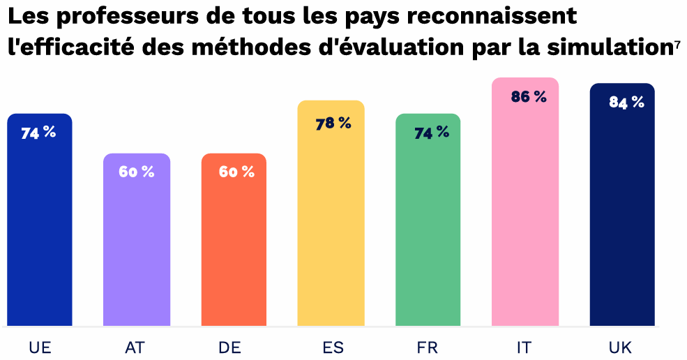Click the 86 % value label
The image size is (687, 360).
point(528,98)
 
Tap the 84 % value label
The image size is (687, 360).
point(626,103)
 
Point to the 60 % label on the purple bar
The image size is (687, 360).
point(136,172)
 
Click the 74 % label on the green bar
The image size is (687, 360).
point(431,133)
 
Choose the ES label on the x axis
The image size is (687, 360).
point(333,347)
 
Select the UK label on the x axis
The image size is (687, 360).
point(621,347)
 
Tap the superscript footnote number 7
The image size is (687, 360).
point(677,43)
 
